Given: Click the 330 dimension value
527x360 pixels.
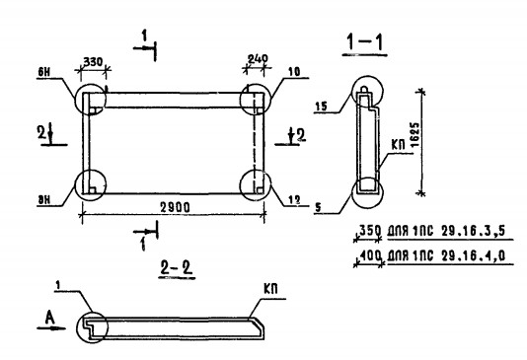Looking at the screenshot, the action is coord(93,62).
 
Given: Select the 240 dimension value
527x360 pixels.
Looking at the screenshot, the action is coord(258,59).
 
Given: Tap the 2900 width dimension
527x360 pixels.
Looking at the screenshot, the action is coord(175,207).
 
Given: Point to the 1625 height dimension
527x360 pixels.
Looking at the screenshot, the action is coord(415,134).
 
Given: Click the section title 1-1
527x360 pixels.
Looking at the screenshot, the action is coord(365,42).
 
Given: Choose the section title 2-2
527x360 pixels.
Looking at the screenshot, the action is coord(177,268).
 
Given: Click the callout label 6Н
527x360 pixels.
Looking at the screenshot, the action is coord(44,72).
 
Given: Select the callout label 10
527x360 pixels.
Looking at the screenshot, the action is coord(294,72).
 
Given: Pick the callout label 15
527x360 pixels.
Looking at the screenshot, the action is coord(321,107).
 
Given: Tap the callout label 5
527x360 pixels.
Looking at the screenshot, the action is coord(318,207).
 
